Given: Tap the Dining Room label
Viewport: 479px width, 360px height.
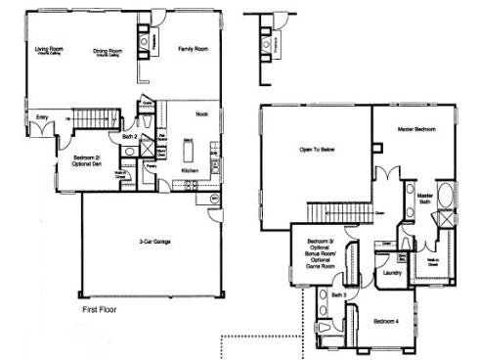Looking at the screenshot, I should point(108,51).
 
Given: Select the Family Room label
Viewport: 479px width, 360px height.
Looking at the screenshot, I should point(192,47).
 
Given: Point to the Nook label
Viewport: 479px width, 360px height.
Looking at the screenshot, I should point(202,114).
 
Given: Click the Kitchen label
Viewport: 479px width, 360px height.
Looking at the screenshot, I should point(191,171).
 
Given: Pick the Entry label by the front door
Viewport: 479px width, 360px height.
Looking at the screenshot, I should point(41,118).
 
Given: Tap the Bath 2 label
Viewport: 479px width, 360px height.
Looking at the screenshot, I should point(129,138).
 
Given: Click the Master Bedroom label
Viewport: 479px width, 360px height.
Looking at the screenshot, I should point(415,129).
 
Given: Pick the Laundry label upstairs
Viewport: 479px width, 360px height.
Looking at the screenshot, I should point(393,273).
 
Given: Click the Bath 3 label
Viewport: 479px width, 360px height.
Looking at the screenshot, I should point(338,293).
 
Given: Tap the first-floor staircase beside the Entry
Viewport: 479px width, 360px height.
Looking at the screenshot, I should point(95,119).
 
